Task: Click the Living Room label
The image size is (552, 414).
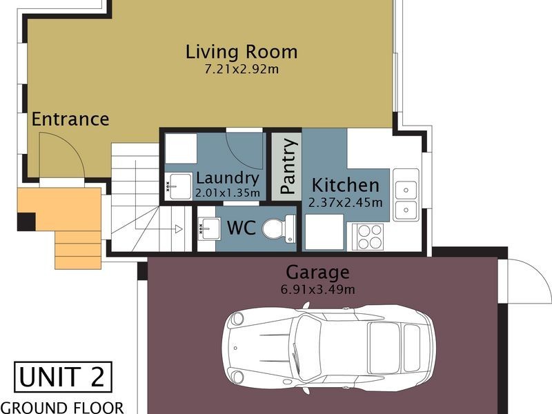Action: coord(241,52)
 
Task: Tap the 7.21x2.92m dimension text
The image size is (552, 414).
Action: coord(241,69)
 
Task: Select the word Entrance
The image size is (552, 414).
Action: coord(70,119)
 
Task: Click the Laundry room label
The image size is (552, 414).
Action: coord(228,178)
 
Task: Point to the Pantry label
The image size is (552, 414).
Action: coord(288,166)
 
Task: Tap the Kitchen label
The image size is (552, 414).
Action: coord(346,185)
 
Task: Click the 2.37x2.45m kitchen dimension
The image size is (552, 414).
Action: coord(346,202)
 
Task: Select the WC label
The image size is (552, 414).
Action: coord(241,228)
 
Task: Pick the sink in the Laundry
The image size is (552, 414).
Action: coord(179,186)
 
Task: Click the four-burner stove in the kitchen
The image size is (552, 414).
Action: coord(367,237)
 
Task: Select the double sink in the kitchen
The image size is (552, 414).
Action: coord(406,195)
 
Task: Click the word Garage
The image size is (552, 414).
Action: coord(317,273)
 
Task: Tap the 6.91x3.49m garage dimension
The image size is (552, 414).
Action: coord(317,290)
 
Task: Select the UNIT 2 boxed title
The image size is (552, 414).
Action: coord(63,377)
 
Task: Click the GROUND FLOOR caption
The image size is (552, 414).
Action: coord(62,408)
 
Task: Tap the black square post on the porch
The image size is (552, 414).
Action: coord(26,221)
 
